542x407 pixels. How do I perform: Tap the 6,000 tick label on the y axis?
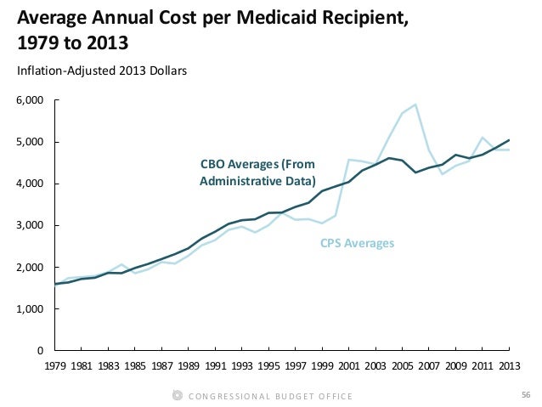30,100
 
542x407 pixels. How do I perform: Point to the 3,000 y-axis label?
30,226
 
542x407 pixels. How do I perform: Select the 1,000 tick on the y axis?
30,309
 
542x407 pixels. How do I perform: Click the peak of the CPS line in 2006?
415,105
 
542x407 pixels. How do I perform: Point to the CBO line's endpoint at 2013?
509,140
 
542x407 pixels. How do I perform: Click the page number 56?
523,395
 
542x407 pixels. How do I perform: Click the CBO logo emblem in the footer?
176,395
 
